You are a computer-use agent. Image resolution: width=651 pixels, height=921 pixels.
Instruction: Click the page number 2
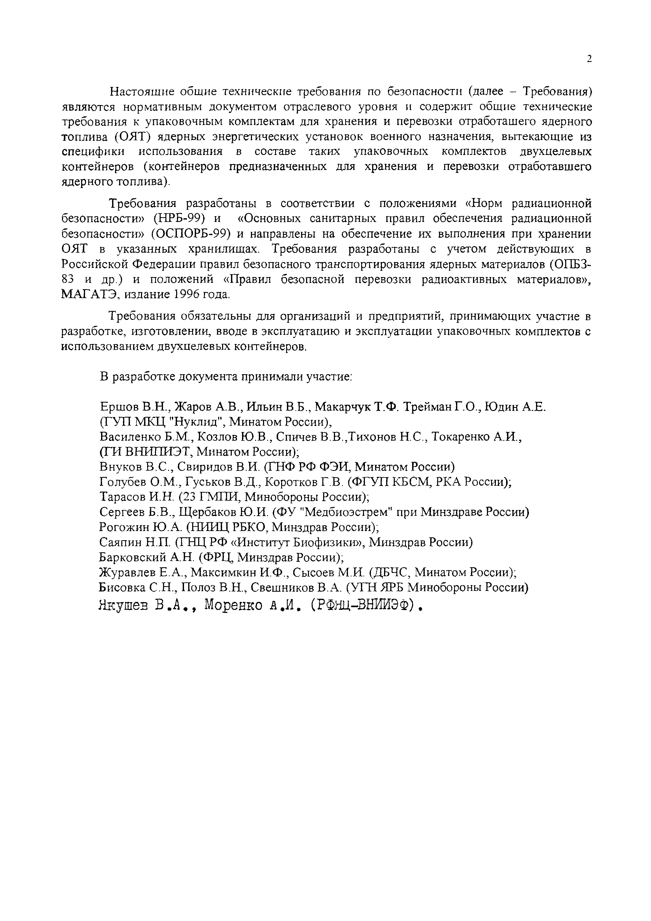(589, 59)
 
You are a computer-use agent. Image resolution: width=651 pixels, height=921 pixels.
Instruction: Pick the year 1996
(187, 295)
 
